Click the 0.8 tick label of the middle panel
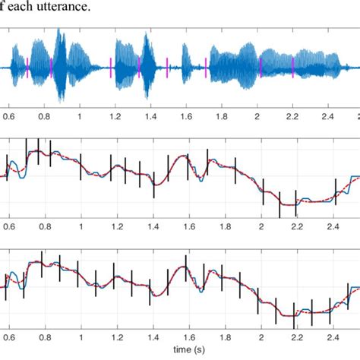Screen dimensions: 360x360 click(x=45, y=226)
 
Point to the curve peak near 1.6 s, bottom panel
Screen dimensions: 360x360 click(x=185, y=268)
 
